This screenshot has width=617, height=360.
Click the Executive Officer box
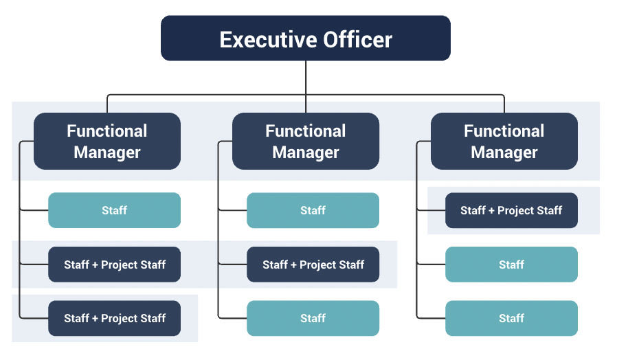tap(306, 38)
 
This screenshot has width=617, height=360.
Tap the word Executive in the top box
tap(265, 39)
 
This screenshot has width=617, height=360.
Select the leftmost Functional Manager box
tap(107, 142)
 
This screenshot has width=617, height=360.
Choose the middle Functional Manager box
tap(306, 142)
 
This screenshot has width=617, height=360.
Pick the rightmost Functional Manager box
tap(504, 142)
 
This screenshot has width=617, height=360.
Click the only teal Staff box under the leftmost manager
tap(114, 210)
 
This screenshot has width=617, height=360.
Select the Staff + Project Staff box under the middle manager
tap(313, 265)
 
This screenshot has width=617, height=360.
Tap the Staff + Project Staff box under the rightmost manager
tap(511, 210)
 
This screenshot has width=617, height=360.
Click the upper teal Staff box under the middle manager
tap(313, 210)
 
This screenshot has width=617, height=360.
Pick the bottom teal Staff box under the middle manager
tap(313, 318)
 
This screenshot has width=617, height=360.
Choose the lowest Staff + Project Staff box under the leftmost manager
tap(114, 318)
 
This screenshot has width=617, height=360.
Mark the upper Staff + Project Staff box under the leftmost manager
tap(114, 265)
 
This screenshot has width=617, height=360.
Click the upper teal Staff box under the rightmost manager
tap(511, 265)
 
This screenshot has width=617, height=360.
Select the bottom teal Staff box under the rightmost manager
tap(511, 318)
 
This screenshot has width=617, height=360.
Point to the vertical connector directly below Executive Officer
tap(306, 77)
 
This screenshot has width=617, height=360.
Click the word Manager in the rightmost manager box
tap(504, 153)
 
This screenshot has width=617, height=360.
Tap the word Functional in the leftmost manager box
tap(107, 131)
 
